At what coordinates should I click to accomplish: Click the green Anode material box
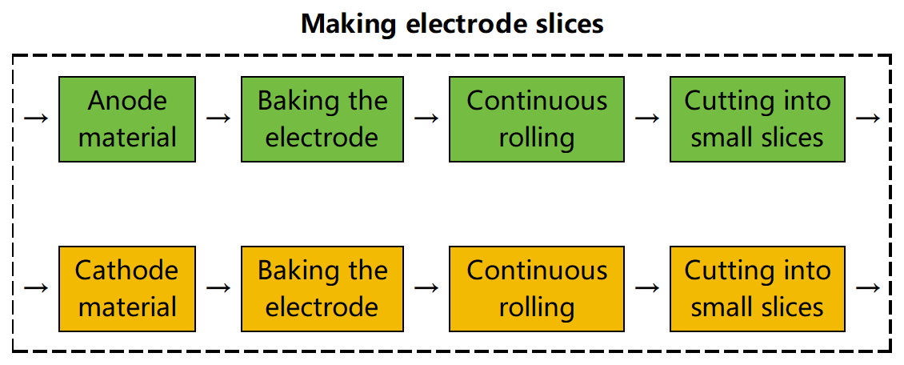click(x=127, y=119)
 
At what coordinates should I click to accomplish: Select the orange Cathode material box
click(x=127, y=289)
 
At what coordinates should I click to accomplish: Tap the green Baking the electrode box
click(x=322, y=119)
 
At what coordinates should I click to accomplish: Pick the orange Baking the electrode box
click(x=322, y=289)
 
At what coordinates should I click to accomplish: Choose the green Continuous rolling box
click(x=537, y=119)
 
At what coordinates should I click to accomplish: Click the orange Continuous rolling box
click(x=537, y=289)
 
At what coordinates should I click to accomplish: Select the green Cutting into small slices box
click(x=757, y=119)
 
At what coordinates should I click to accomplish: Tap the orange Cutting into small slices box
click(x=757, y=289)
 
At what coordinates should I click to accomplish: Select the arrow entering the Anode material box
click(x=36, y=118)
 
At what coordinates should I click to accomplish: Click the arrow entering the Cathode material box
click(x=36, y=288)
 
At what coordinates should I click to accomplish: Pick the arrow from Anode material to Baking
click(x=218, y=118)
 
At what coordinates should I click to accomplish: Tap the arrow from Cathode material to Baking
click(x=218, y=288)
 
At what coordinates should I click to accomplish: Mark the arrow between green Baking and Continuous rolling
click(x=426, y=118)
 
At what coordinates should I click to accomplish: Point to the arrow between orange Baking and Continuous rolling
click(x=426, y=288)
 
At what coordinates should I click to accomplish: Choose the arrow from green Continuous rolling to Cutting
click(x=647, y=118)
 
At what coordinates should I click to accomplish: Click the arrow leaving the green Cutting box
click(x=868, y=118)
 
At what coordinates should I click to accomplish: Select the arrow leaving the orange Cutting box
click(x=868, y=288)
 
